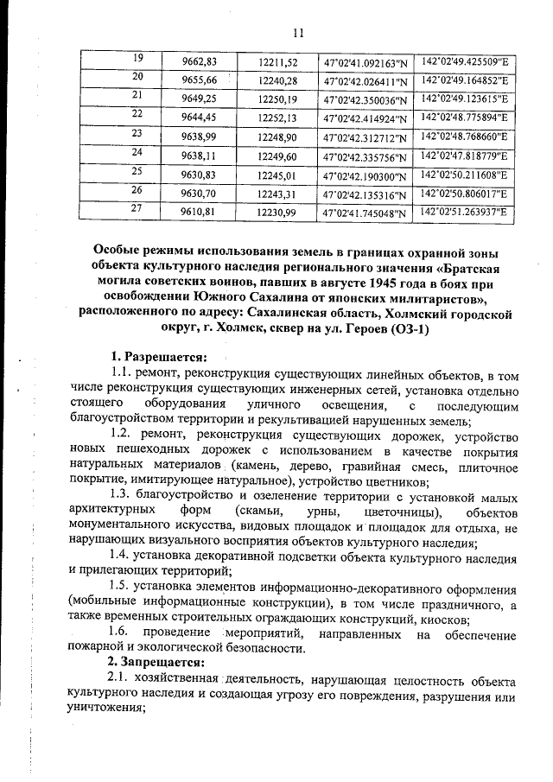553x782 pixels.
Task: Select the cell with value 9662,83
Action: (x=199, y=61)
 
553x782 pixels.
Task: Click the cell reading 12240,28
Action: (x=277, y=81)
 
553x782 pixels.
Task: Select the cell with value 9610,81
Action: (x=199, y=212)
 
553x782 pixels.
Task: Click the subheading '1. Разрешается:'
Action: (x=159, y=358)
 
